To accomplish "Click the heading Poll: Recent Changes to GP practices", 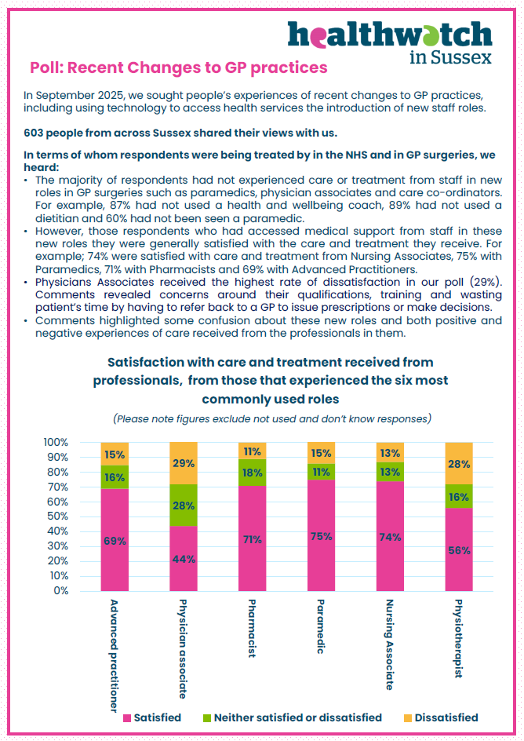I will pyautogui.click(x=178, y=68).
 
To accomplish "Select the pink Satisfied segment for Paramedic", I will pyautogui.click(x=322, y=535).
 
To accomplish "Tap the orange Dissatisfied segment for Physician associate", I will pyautogui.click(x=184, y=463).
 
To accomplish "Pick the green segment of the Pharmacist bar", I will pyautogui.click(x=253, y=473).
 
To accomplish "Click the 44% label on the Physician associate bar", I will pyautogui.click(x=184, y=558).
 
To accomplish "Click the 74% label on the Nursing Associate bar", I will pyautogui.click(x=391, y=537).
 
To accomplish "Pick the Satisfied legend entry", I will pyautogui.click(x=151, y=717).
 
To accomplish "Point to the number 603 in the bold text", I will pyautogui.click(x=35, y=133).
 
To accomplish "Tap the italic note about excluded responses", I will pyautogui.click(x=271, y=418).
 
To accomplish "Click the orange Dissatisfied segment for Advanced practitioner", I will pyautogui.click(x=115, y=454).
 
